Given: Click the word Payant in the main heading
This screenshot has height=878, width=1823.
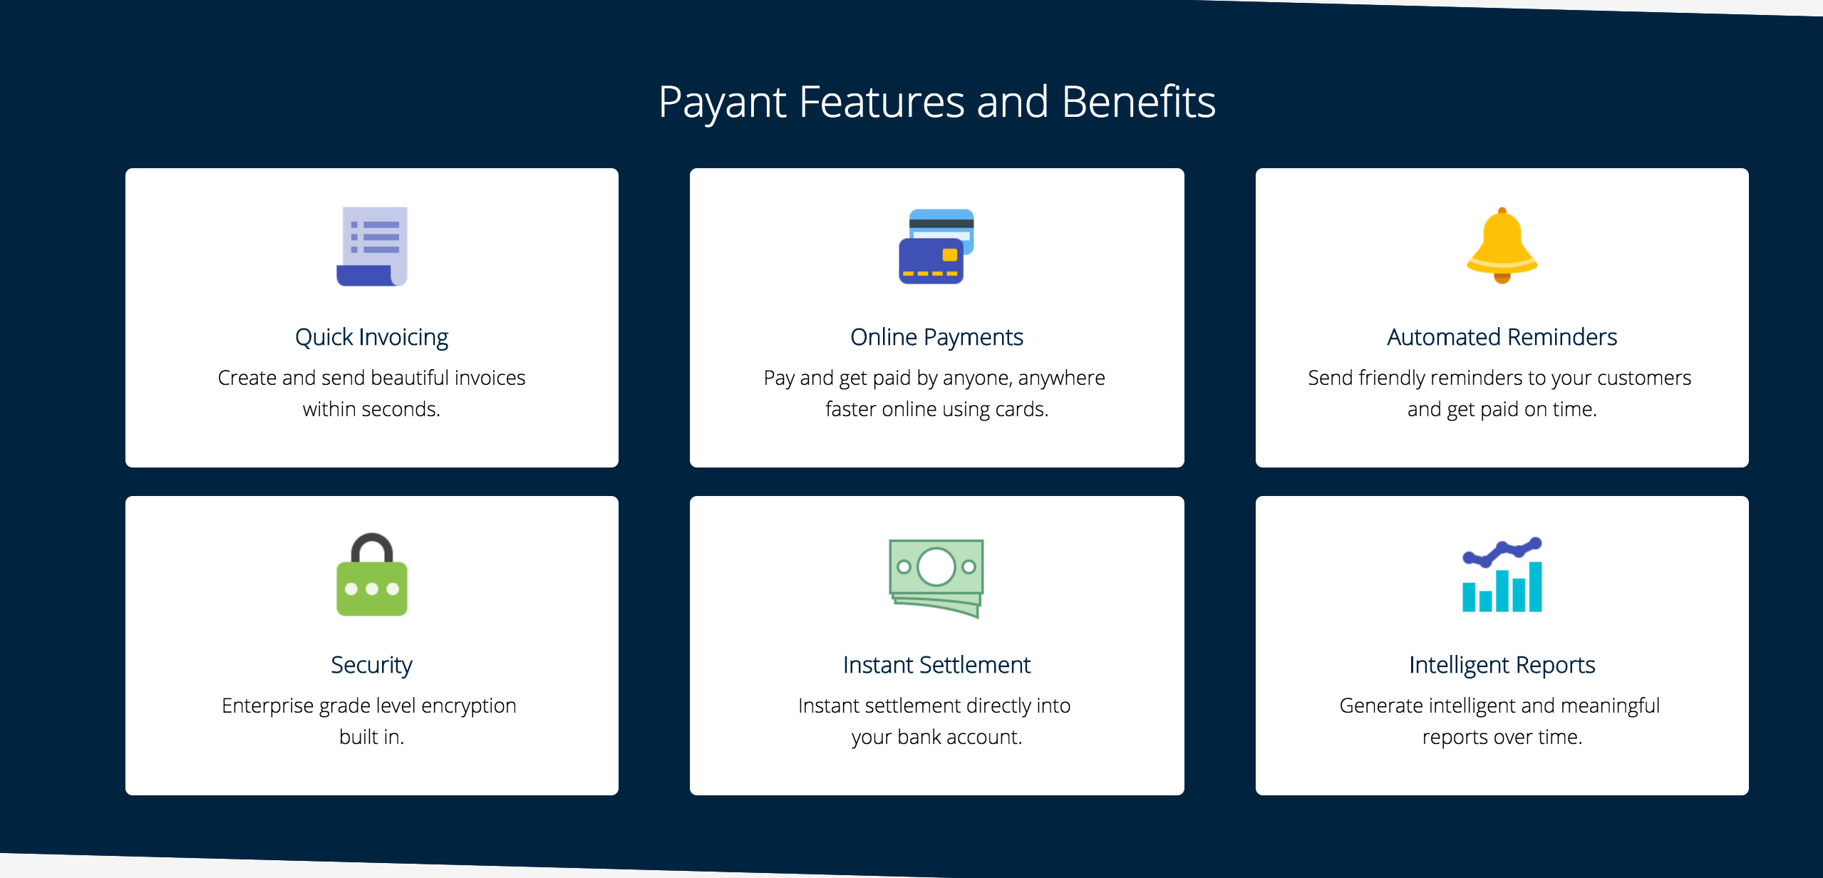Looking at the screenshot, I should [x=721, y=103].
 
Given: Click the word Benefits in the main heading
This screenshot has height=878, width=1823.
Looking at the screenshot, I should [x=1138, y=103].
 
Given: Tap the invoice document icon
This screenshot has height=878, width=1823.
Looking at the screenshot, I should [x=372, y=247].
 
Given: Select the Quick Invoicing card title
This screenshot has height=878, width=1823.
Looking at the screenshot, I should [x=372, y=337].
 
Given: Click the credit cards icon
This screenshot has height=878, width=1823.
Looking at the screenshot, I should [x=936, y=247].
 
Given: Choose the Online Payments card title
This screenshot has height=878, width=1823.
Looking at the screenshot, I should [x=936, y=337].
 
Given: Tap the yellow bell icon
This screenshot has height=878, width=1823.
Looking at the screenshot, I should [x=1502, y=245].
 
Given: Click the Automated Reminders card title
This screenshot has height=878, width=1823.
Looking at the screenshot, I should [x=1502, y=337].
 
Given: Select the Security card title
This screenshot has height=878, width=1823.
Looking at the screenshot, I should [x=372, y=665].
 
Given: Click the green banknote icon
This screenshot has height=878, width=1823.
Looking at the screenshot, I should [x=936, y=577].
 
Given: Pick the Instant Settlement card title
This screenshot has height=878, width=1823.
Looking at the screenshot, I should [x=936, y=665].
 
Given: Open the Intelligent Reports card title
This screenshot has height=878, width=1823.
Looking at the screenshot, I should [x=1502, y=665].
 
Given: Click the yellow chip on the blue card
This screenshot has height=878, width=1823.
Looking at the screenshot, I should [x=949, y=255].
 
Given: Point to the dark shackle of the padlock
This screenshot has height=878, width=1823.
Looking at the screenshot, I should [x=372, y=544].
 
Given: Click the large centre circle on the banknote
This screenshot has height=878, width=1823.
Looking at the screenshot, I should [x=936, y=567].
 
